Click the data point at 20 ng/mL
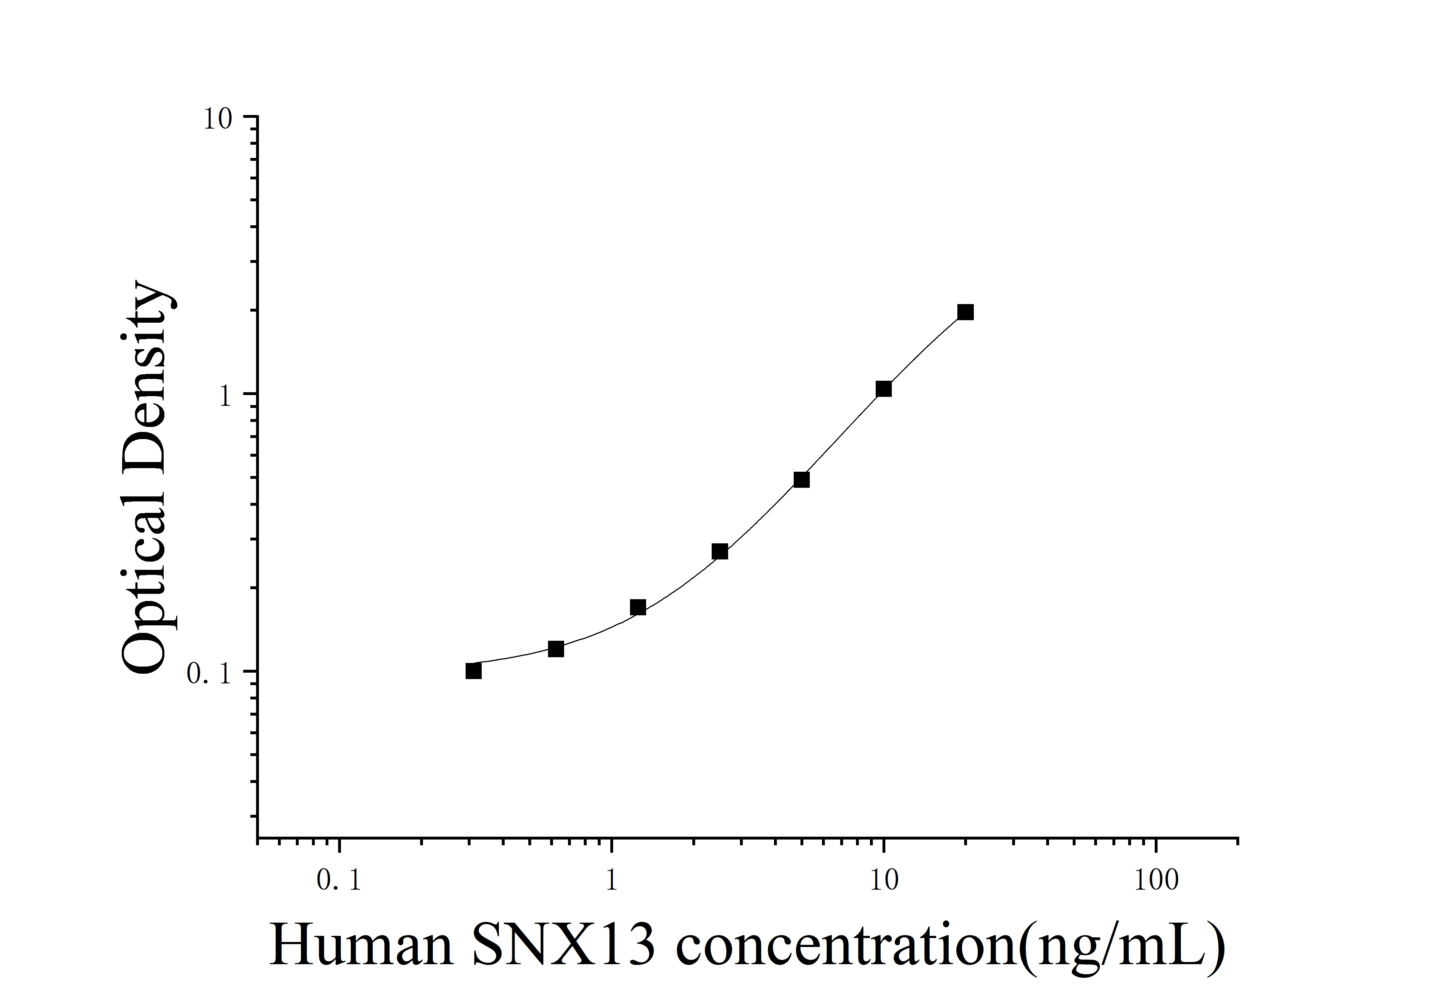pyautogui.click(x=966, y=312)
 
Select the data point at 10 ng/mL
pyautogui.click(x=884, y=389)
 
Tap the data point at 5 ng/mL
pyautogui.click(x=802, y=480)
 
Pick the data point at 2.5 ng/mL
pyautogui.click(x=720, y=552)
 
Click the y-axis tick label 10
pyautogui.click(x=217, y=119)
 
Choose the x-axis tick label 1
pyautogui.click(x=611, y=880)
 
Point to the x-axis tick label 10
pyautogui.click(x=884, y=880)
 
